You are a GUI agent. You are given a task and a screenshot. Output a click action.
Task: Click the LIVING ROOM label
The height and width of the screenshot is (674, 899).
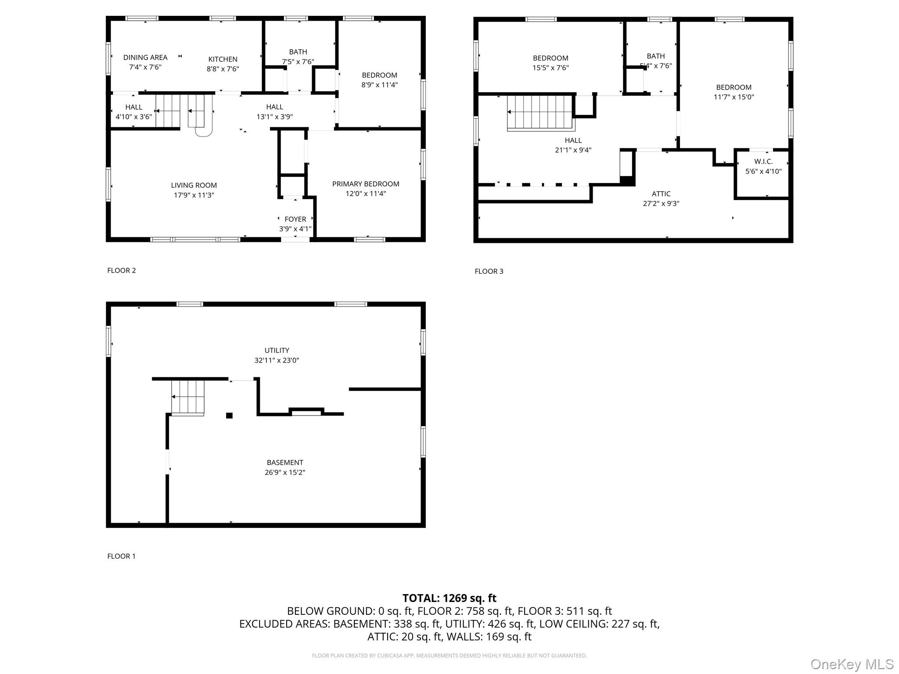[194, 185]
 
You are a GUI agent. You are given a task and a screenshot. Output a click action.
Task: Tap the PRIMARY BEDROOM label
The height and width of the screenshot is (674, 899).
[365, 184]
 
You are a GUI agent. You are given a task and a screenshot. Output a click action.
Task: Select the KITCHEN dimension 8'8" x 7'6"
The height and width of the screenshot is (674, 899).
[223, 69]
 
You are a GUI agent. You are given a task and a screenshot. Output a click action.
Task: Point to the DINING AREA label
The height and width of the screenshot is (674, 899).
[145, 57]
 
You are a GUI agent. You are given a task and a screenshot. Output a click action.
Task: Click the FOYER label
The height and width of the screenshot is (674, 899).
[295, 219]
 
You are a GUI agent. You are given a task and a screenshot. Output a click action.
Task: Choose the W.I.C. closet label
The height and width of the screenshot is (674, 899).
[763, 161]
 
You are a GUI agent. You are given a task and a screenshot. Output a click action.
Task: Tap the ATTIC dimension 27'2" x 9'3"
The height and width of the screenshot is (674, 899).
[661, 204]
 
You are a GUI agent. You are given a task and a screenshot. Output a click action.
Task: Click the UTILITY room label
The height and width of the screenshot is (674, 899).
[277, 350]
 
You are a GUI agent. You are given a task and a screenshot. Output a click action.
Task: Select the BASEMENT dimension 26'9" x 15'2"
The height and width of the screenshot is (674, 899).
[284, 473]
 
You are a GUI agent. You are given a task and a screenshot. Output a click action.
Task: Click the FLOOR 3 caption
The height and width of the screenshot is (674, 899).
[489, 271]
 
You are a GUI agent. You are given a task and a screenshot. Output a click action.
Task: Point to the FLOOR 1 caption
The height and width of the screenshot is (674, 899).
[121, 556]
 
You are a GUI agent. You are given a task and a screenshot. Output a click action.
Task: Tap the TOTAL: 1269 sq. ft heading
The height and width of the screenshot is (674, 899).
[449, 598]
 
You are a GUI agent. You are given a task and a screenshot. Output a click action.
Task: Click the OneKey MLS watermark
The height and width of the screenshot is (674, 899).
[852, 664]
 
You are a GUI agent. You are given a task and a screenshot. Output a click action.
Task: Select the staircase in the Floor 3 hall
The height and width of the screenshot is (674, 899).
[540, 113]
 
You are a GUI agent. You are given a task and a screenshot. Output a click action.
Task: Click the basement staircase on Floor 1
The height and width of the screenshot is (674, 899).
[187, 397]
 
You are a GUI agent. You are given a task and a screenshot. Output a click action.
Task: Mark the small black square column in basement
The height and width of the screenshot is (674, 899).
[229, 416]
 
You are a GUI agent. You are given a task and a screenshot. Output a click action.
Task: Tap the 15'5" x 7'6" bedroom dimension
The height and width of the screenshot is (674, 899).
[550, 68]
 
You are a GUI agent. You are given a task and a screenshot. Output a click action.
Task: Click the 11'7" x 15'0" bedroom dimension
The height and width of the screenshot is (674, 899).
[734, 97]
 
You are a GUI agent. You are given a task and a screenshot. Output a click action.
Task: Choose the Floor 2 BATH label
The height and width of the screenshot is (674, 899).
[298, 52]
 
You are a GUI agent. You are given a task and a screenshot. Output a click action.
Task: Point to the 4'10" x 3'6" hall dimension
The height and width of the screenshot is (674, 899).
[133, 117]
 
